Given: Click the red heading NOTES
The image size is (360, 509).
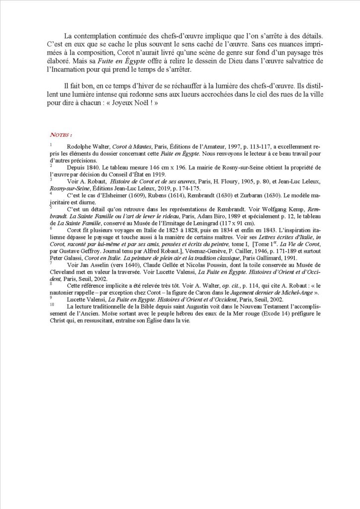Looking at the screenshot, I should point(61,135).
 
